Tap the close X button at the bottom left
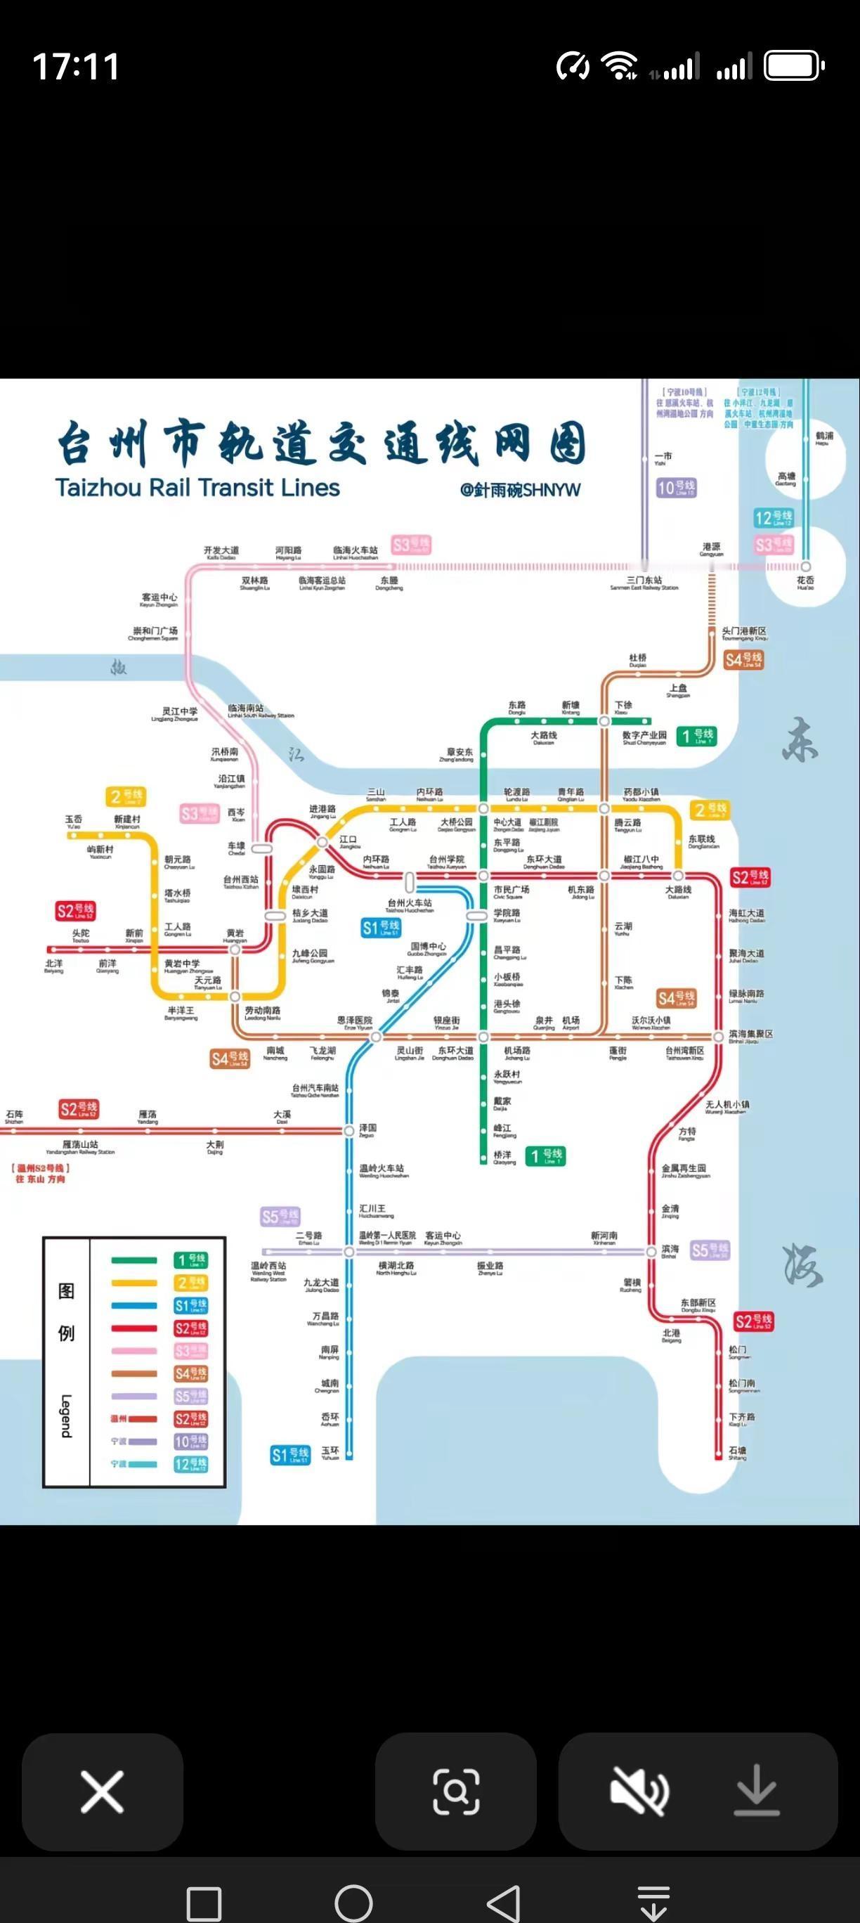coord(103,1792)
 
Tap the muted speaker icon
coord(639,1792)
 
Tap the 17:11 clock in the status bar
coord(76,67)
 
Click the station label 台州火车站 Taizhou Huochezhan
coord(409,905)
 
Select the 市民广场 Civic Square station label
coord(512,891)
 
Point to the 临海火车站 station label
coord(356,552)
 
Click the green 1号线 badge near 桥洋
coord(546,1156)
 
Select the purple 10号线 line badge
coord(676,488)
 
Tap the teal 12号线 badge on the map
coord(774,518)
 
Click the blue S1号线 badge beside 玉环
coord(290,1454)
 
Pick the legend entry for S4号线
coord(191,1373)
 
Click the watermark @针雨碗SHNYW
coord(521,491)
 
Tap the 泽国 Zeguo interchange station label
coord(368,1129)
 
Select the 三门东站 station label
coord(644,582)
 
